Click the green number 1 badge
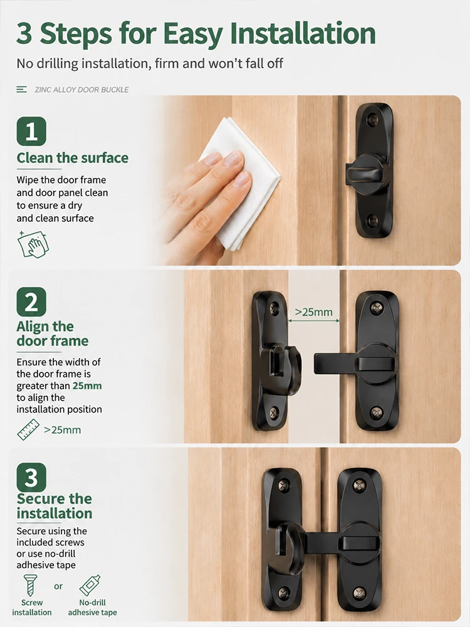[x=31, y=131]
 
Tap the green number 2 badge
[x=31, y=302]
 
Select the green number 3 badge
[x=31, y=477]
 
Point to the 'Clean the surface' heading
[x=72, y=158]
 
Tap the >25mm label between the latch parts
[x=314, y=312]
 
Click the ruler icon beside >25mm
[x=28, y=429]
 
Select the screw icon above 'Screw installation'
[x=30, y=586]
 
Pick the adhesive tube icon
[x=90, y=586]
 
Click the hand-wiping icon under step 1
[x=33, y=244]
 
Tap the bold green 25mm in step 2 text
[x=87, y=386]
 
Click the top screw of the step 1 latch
[x=372, y=119]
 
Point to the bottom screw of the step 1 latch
[x=372, y=219]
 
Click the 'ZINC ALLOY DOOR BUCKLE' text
[x=81, y=90]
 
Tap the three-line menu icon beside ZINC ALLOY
[x=21, y=90]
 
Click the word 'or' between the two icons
[x=58, y=586]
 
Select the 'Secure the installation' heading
[x=55, y=506]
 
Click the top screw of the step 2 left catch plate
[x=274, y=308]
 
